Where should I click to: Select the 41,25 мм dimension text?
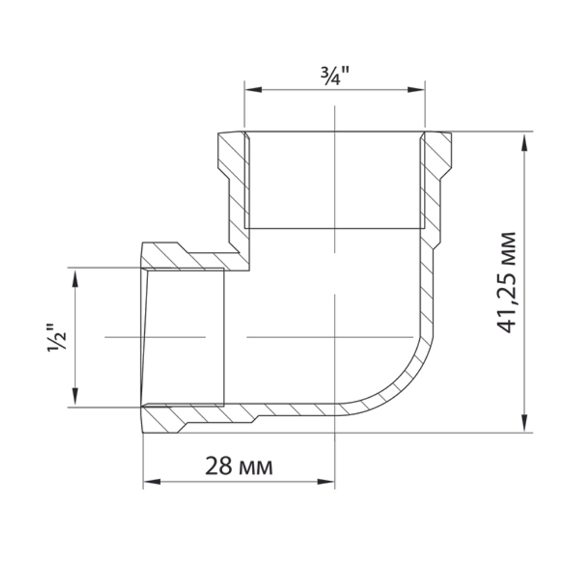(507, 282)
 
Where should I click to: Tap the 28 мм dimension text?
(238, 466)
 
